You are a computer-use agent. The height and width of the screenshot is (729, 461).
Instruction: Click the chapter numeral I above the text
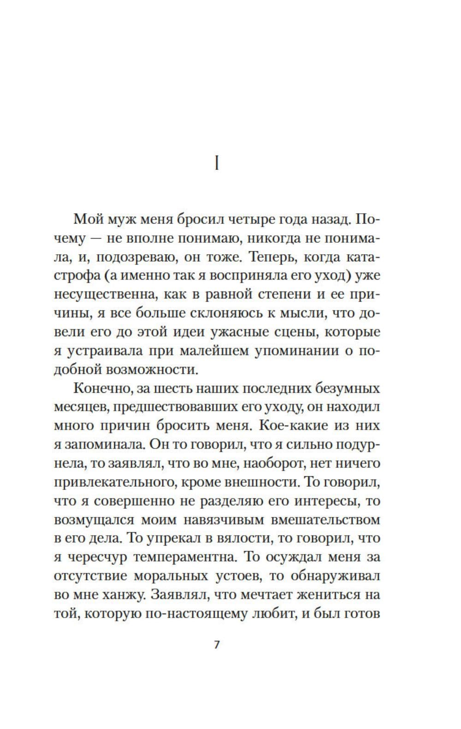217,163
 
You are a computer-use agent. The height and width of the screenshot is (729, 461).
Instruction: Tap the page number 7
217,645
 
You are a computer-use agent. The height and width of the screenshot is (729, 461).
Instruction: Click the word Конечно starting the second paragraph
100,389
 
